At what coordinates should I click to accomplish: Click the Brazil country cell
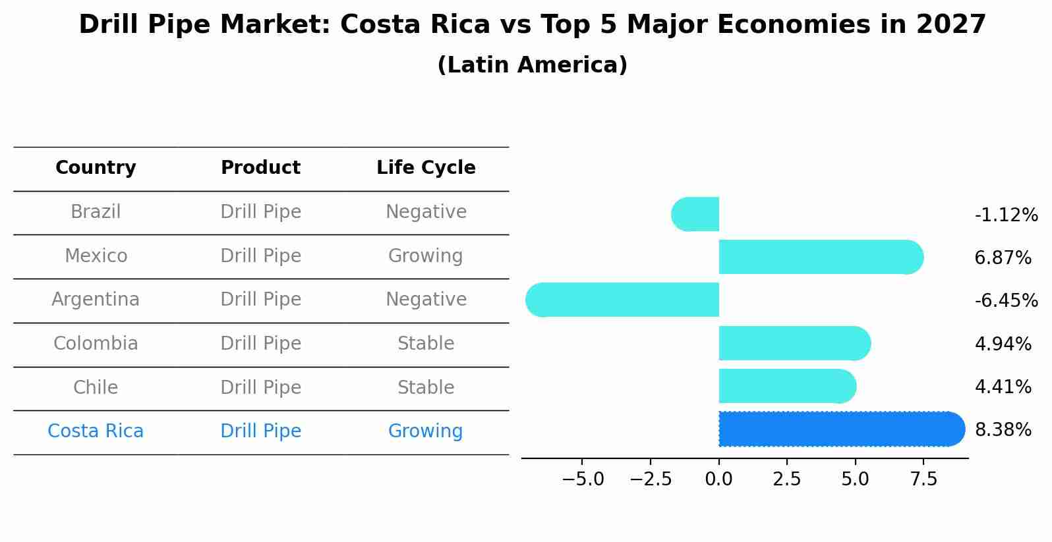[96, 212]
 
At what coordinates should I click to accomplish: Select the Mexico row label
[96, 256]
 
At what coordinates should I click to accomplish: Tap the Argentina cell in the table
[96, 300]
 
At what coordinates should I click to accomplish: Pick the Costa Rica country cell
[96, 431]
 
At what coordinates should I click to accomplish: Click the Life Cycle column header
[426, 168]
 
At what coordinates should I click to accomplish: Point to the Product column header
[260, 168]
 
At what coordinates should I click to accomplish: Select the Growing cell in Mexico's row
[425, 256]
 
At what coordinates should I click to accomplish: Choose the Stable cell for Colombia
[426, 344]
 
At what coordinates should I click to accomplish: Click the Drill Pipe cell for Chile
[260, 387]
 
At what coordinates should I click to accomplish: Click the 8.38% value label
[1003, 430]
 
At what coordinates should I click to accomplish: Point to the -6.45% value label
[1006, 301]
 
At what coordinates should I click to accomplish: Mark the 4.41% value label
[1003, 387]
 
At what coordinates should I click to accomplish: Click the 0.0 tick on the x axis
[718, 479]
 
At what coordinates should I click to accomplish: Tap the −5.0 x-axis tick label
[582, 479]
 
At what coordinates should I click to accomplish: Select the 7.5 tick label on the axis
[923, 479]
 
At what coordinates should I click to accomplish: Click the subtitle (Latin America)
[532, 65]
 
